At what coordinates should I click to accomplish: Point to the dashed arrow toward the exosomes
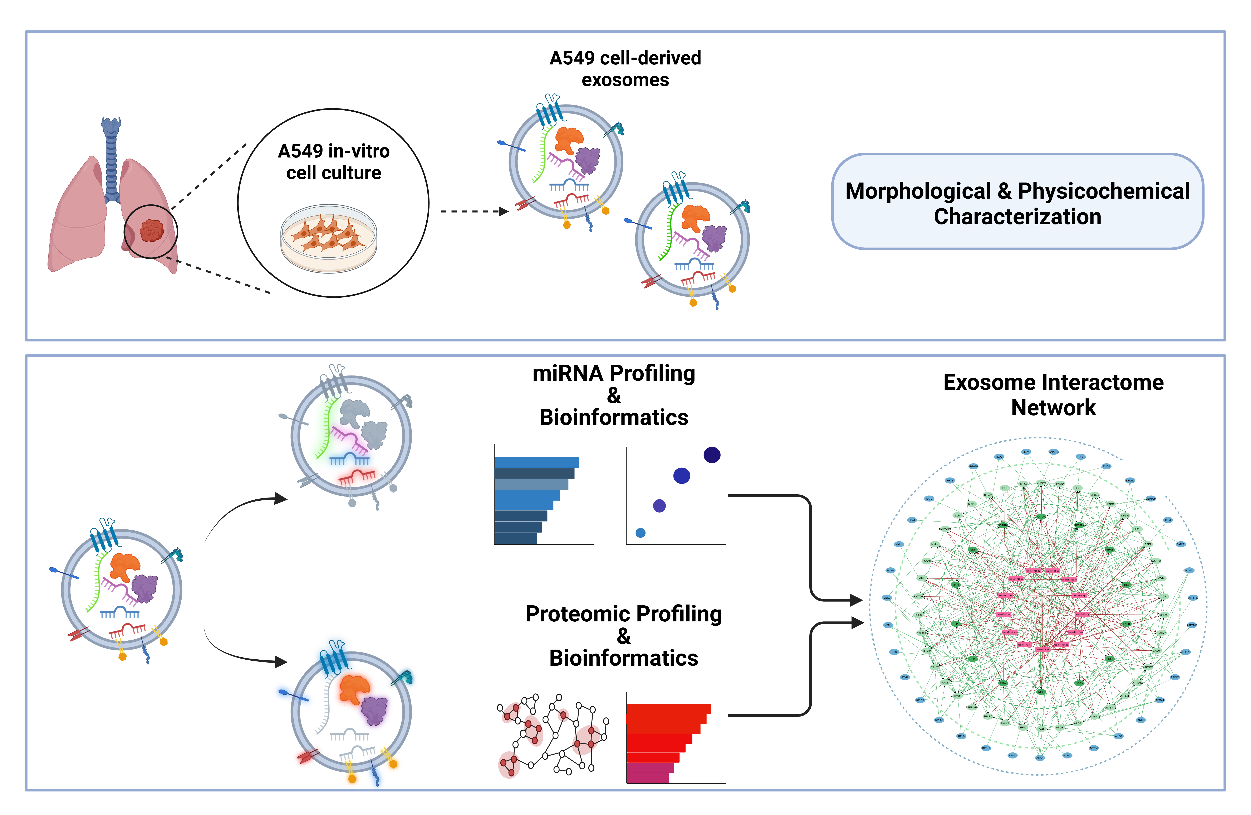(x=473, y=211)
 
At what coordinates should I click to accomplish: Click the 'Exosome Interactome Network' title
(x=1053, y=394)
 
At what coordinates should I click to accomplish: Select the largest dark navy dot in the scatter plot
(x=712, y=455)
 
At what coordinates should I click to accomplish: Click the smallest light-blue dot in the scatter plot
(x=640, y=533)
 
